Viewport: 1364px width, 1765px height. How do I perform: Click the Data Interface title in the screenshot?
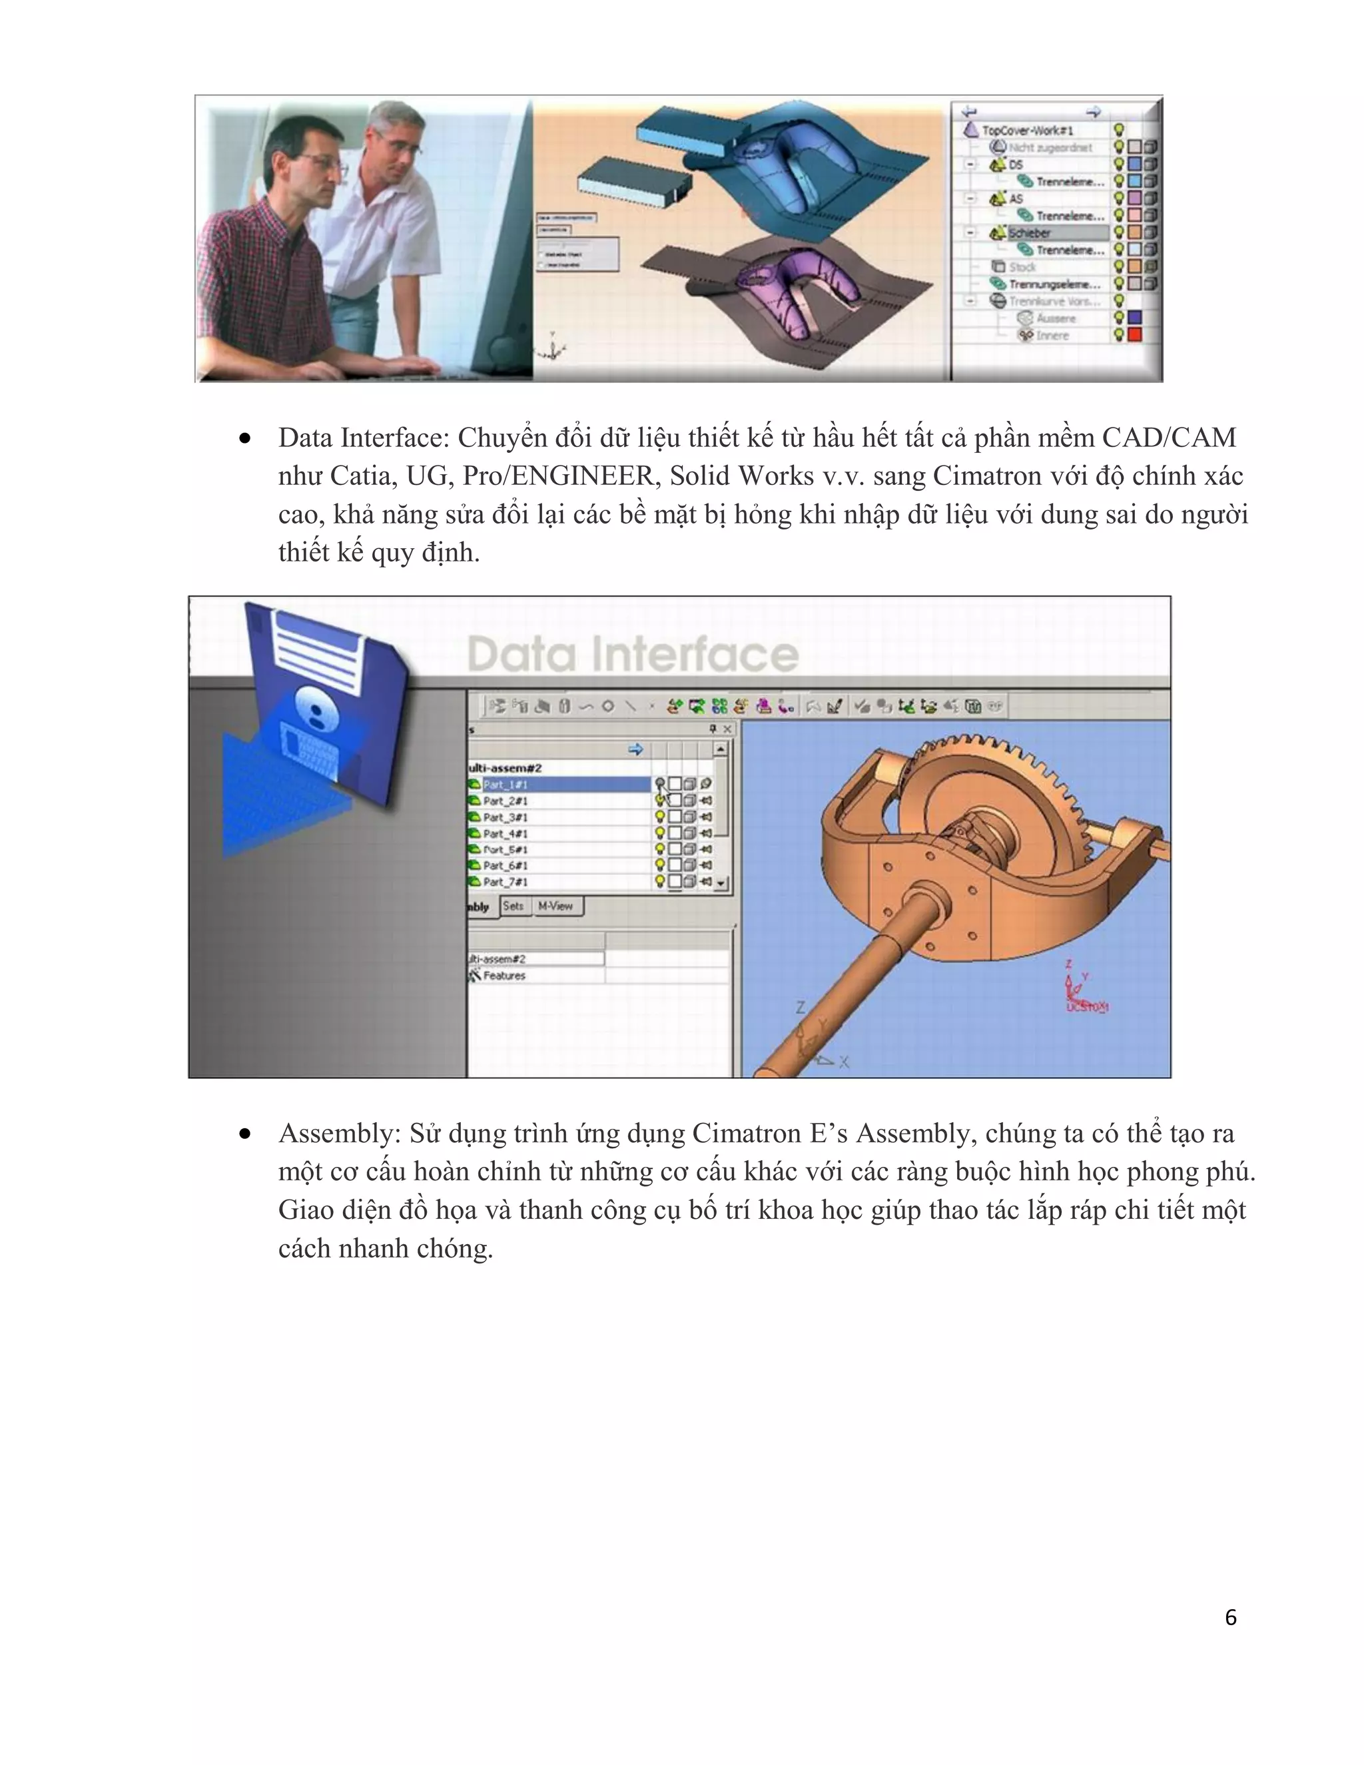click(x=632, y=654)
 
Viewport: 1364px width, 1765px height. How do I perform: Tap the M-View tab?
click(x=555, y=906)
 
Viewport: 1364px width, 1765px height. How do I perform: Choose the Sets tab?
click(x=512, y=906)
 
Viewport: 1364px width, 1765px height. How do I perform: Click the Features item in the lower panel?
click(x=504, y=976)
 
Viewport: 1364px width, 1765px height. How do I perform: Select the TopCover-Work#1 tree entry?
click(x=1027, y=130)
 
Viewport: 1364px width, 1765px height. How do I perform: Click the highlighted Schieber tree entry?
click(x=1030, y=232)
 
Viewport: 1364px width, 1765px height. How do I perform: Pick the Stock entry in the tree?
click(x=1022, y=266)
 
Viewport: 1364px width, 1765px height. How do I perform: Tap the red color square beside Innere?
click(x=1134, y=334)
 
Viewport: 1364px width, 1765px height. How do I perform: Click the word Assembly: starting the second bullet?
click(x=340, y=1133)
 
